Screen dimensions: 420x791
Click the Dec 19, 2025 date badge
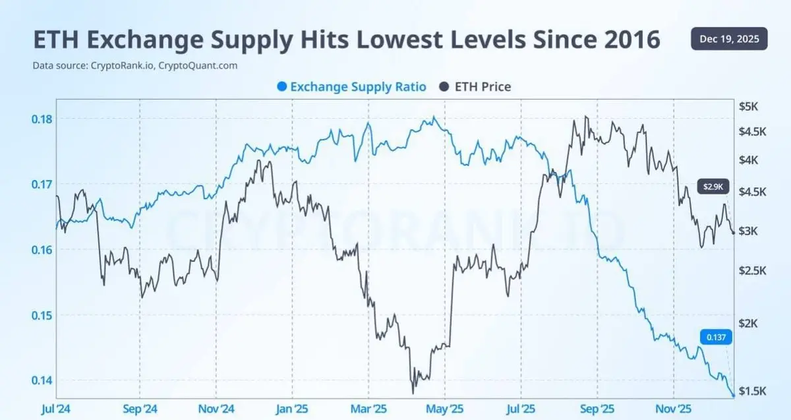(x=729, y=39)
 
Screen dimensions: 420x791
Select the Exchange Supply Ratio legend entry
(x=351, y=86)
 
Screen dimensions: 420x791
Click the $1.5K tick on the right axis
(x=751, y=391)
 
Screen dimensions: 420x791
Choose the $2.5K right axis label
(x=751, y=271)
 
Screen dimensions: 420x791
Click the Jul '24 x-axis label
(x=57, y=409)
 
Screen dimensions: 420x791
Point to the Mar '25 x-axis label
(x=368, y=409)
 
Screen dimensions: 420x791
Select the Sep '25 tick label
(x=597, y=409)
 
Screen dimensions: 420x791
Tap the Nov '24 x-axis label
(x=216, y=409)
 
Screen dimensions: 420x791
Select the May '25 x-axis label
(x=444, y=409)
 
